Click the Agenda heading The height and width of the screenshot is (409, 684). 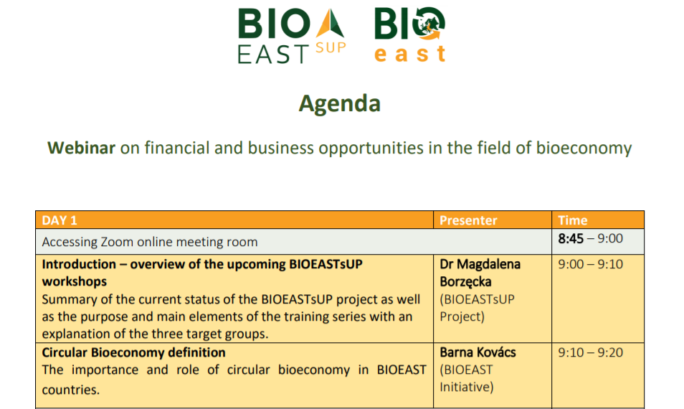339,104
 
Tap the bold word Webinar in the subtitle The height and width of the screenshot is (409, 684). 81,148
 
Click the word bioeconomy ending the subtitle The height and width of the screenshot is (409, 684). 584,149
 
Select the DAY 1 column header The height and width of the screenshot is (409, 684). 60,220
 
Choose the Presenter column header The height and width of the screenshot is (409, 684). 468,220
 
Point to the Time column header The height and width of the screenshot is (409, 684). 572,220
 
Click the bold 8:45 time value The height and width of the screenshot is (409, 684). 571,238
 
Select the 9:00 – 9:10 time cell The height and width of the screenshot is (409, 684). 590,264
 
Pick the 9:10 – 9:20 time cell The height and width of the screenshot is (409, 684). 590,352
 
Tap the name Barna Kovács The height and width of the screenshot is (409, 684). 478,352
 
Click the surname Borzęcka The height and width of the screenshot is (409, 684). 465,282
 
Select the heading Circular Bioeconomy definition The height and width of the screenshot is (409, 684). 133,352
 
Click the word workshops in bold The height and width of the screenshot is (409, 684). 74,281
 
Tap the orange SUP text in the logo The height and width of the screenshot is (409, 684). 331,47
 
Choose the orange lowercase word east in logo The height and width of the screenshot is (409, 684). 410,54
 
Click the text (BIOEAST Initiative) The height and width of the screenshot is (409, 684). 466,378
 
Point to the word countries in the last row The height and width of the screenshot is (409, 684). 71,390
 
